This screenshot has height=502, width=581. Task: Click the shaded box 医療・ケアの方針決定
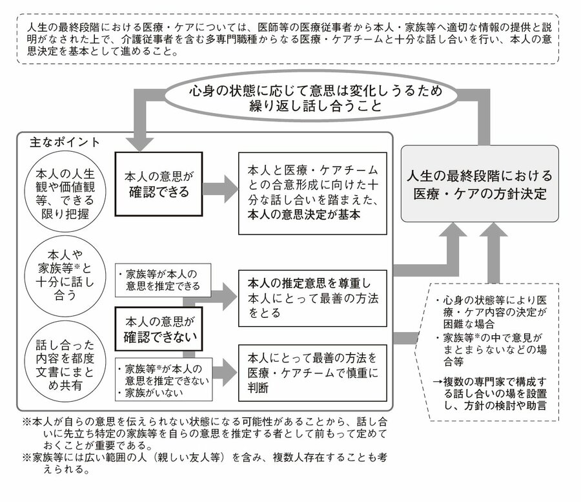480,184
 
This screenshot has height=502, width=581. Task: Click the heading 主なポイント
65,142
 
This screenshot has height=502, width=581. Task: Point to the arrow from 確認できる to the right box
221,189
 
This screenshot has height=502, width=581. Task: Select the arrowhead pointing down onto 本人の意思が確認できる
139,145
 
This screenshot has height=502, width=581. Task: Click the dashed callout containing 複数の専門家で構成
487,352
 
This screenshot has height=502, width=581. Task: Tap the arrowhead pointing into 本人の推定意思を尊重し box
230,297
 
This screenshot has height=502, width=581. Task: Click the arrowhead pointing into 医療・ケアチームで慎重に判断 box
230,373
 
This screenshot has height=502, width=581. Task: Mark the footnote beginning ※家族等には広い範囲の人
205,463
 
